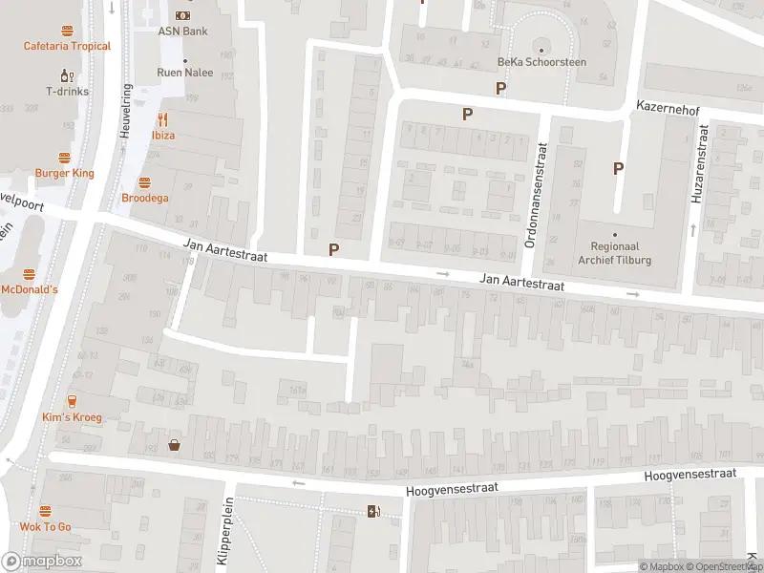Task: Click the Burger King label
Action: (x=64, y=173)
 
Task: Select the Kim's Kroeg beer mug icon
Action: (x=72, y=401)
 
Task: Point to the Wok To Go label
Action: (x=45, y=526)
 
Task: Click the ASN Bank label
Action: (x=182, y=31)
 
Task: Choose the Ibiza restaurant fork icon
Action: (x=162, y=119)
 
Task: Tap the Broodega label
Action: (x=144, y=198)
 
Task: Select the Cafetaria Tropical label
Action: (x=67, y=46)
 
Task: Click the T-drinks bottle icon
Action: (x=67, y=75)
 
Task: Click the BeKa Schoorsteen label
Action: (x=541, y=62)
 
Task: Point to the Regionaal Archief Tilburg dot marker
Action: (x=615, y=234)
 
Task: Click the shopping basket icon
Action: (x=175, y=443)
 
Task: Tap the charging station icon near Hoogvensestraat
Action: (x=373, y=511)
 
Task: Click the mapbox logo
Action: (x=42, y=562)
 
